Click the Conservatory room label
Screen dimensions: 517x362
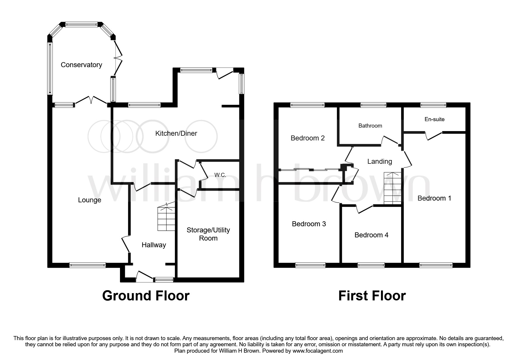(x=81, y=65)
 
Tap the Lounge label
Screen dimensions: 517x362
(x=90, y=200)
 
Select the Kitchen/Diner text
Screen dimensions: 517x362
(x=176, y=133)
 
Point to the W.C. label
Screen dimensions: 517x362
(x=220, y=175)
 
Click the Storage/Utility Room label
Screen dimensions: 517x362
(x=208, y=234)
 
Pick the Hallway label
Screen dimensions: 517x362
(x=154, y=245)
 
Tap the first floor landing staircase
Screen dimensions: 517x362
(x=393, y=188)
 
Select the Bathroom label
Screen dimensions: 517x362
(x=370, y=126)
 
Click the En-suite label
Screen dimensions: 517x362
(x=434, y=119)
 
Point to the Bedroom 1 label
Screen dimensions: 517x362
(x=434, y=198)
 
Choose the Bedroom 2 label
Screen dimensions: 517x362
(x=307, y=138)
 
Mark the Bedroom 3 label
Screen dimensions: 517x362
(x=309, y=224)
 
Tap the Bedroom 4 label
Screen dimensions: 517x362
(x=371, y=235)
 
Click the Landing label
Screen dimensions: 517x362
(x=380, y=161)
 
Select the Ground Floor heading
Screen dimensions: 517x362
(x=146, y=296)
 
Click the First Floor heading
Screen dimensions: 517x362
(x=372, y=296)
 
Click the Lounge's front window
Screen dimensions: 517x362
(x=88, y=265)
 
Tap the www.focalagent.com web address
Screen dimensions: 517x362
(x=318, y=351)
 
